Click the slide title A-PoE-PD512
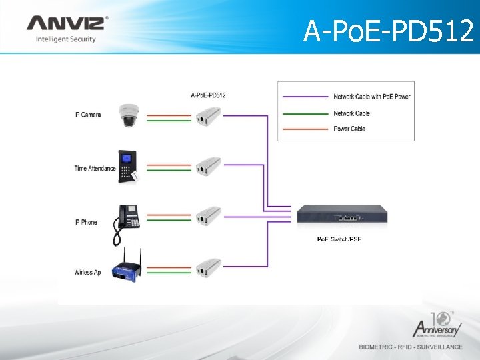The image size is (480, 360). pyautogui.click(x=388, y=31)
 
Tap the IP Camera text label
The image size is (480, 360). pyautogui.click(x=87, y=115)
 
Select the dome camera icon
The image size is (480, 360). pyautogui.click(x=127, y=115)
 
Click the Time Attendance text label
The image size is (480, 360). pyautogui.click(x=95, y=169)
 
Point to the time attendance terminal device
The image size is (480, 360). pyautogui.click(x=127, y=165)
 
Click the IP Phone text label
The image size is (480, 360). pyautogui.click(x=85, y=222)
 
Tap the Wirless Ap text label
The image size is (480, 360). pyautogui.click(x=88, y=272)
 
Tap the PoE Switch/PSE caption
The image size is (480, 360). pyautogui.click(x=339, y=239)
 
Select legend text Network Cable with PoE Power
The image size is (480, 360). pyautogui.click(x=371, y=97)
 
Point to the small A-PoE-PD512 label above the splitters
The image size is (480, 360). pyautogui.click(x=208, y=95)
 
